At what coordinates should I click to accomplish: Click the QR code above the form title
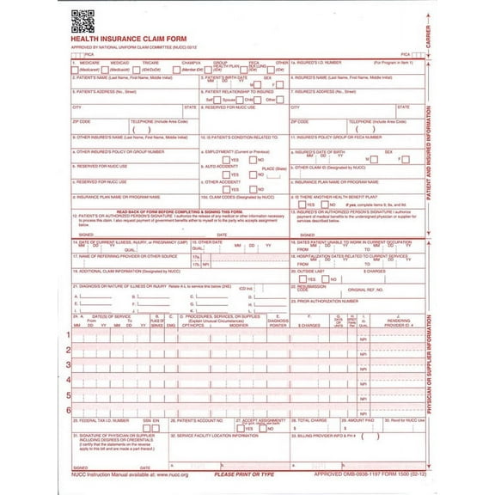point(82,18)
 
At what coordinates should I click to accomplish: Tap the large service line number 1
point(69,334)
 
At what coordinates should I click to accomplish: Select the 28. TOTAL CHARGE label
point(309,421)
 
